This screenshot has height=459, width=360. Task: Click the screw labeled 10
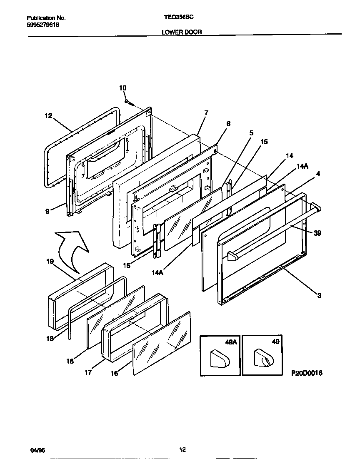pyautogui.click(x=128, y=101)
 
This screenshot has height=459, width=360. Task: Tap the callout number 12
pyautogui.click(x=48, y=116)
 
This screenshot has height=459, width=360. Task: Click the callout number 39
pyautogui.click(x=317, y=234)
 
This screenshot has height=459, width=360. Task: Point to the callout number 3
pyautogui.click(x=319, y=296)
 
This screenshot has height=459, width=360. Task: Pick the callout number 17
pyautogui.click(x=88, y=372)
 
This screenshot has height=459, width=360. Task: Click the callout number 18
pyautogui.click(x=50, y=339)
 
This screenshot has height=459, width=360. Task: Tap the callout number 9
pyautogui.click(x=48, y=211)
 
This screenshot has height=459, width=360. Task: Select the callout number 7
pyautogui.click(x=206, y=112)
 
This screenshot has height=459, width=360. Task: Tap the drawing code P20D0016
pyautogui.click(x=306, y=374)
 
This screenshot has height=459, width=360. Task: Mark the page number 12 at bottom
pyautogui.click(x=182, y=449)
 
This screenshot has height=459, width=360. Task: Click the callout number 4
pyautogui.click(x=318, y=174)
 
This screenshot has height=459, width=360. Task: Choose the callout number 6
pyautogui.click(x=228, y=124)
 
